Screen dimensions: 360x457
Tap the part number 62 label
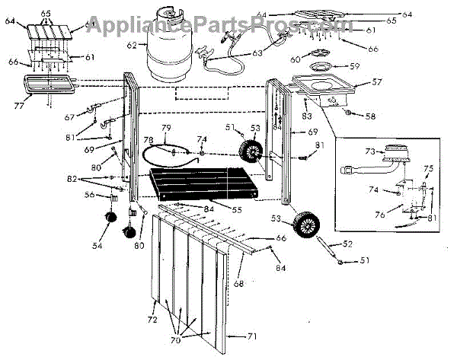pos(132,45)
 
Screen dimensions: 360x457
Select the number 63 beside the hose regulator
pos(257,53)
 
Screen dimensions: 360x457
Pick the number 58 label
pos(371,116)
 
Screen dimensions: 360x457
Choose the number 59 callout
pos(355,65)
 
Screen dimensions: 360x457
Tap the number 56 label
pos(90,195)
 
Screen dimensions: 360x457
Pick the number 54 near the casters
pos(96,246)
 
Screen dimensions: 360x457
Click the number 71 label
pos(254,335)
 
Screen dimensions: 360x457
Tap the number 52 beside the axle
pos(349,244)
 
